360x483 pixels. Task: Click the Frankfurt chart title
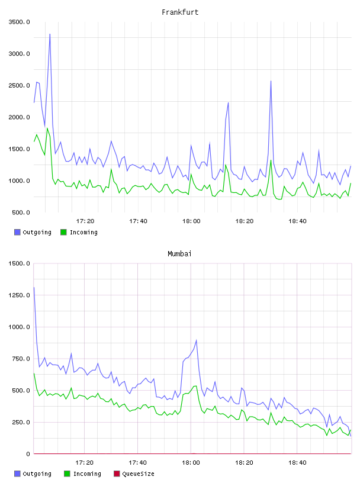click(x=180, y=12)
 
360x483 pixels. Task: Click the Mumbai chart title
click(x=179, y=254)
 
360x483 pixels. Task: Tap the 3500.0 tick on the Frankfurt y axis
click(x=19, y=22)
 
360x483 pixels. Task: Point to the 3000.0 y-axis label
click(x=19, y=54)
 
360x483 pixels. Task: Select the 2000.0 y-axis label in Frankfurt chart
click(x=19, y=117)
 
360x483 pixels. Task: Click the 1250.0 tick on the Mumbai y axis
click(x=19, y=295)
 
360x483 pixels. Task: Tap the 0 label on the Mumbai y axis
click(x=28, y=454)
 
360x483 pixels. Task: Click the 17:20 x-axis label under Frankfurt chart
click(x=85, y=221)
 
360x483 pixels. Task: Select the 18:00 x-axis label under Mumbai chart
click(x=191, y=463)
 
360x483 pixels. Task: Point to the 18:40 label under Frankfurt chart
click(x=297, y=221)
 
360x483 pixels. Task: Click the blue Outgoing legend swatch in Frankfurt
click(x=17, y=232)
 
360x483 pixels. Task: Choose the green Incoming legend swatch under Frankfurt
click(x=63, y=232)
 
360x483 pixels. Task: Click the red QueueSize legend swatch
click(x=117, y=474)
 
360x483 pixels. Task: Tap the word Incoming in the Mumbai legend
click(x=87, y=474)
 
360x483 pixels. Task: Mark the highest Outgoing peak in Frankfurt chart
click(x=50, y=34)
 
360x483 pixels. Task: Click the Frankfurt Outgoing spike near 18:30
click(x=271, y=81)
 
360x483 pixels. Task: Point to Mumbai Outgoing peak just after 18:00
click(x=197, y=340)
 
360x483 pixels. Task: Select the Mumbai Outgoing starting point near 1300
click(x=34, y=288)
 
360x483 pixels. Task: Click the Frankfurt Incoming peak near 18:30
click(x=271, y=160)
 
